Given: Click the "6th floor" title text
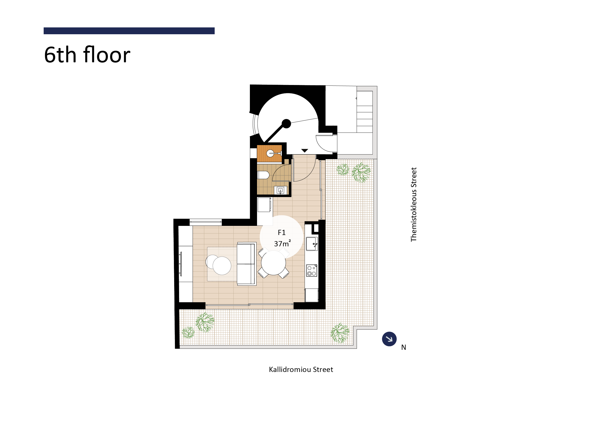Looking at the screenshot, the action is tap(87, 55).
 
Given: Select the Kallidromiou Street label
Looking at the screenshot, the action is tap(301, 369).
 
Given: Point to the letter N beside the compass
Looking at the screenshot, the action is tap(403, 347).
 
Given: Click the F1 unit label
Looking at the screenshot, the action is tap(282, 233).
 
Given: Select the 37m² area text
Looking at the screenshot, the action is tap(282, 244).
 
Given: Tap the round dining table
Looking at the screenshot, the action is tap(273, 263).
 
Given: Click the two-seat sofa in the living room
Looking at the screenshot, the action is tap(246, 264).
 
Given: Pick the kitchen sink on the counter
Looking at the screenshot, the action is tap(312, 244).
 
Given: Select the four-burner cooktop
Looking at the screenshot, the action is tap(312, 271).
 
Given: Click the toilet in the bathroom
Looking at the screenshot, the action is tap(263, 175).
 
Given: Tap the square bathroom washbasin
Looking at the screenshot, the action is tap(280, 190).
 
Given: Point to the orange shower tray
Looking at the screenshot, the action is tap(269, 153).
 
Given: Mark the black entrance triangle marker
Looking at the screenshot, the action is tap(305, 150).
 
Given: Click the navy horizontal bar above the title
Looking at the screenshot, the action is tap(129, 31).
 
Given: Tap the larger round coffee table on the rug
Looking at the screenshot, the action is tap(222, 266).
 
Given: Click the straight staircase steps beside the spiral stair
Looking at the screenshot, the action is tap(365, 112).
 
